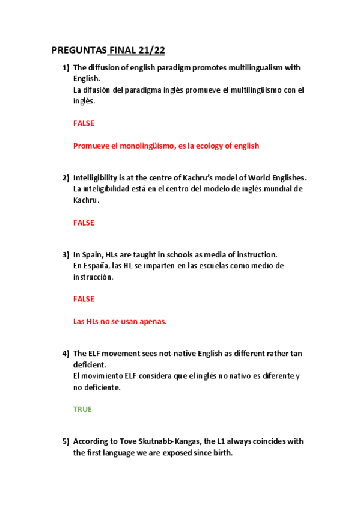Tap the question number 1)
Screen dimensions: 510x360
pyautogui.click(x=66, y=67)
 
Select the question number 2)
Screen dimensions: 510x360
pyautogui.click(x=66, y=178)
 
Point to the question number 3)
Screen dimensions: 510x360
pyautogui.click(x=66, y=254)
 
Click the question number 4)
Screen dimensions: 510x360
pyautogui.click(x=66, y=354)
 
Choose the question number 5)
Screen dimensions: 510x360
pyautogui.click(x=66, y=441)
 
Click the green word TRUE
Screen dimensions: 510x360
pyautogui.click(x=82, y=409)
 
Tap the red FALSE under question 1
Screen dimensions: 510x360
pyautogui.click(x=84, y=123)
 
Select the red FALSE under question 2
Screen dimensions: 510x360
pyautogui.click(x=84, y=223)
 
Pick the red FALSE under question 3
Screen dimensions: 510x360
pyautogui.click(x=84, y=299)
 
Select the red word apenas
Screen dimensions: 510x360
pyautogui.click(x=153, y=321)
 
